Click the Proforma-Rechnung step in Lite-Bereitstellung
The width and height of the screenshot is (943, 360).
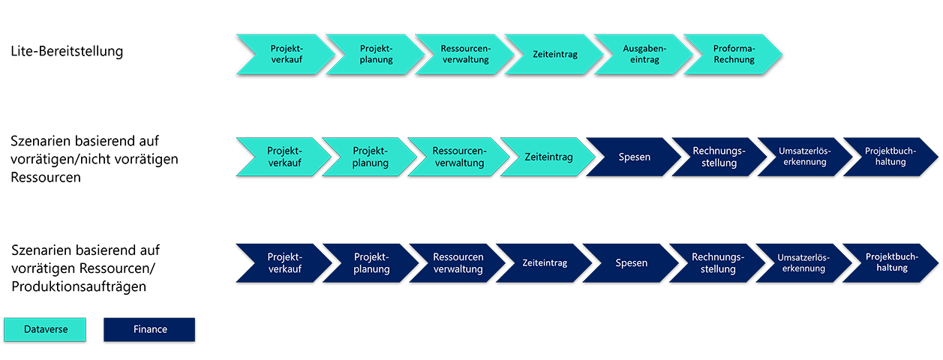734,54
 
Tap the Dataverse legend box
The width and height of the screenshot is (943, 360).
45,329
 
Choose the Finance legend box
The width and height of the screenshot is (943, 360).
149,329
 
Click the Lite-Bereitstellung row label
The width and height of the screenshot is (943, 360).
67,52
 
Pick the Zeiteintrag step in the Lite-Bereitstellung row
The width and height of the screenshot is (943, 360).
555,54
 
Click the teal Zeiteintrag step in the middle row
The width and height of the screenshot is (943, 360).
548,157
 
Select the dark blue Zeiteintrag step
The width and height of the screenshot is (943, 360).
545,263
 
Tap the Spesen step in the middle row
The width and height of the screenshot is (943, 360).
634,157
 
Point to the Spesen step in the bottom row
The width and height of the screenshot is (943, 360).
631,263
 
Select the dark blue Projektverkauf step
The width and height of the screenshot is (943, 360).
284,263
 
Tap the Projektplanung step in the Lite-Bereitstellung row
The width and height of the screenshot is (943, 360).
375,54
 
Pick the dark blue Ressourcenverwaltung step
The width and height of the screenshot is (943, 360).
458,263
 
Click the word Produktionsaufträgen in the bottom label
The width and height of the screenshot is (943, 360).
79,286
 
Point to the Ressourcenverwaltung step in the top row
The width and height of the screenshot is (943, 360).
465,54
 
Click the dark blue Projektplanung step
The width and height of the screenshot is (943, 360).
371,263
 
